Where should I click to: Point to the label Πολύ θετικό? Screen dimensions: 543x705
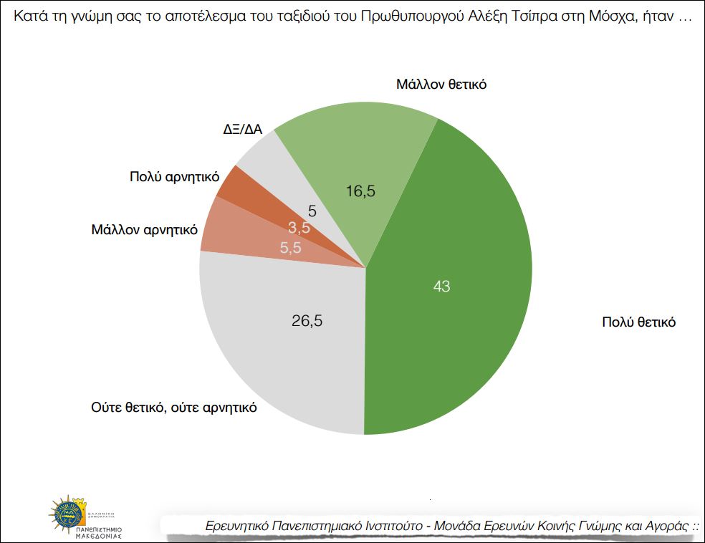point(638,322)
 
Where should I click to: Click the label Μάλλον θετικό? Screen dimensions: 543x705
point(441,85)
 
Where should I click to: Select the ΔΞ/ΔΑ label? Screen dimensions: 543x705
point(242,129)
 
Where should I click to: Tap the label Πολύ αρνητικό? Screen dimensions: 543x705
point(174,176)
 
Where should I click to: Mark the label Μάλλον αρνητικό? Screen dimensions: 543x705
point(144,231)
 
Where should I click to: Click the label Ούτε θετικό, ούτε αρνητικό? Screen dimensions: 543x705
point(173,408)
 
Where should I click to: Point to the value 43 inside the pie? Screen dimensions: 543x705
point(442,287)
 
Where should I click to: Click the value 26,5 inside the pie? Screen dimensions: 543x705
point(307,321)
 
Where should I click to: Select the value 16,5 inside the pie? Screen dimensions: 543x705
point(360,191)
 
